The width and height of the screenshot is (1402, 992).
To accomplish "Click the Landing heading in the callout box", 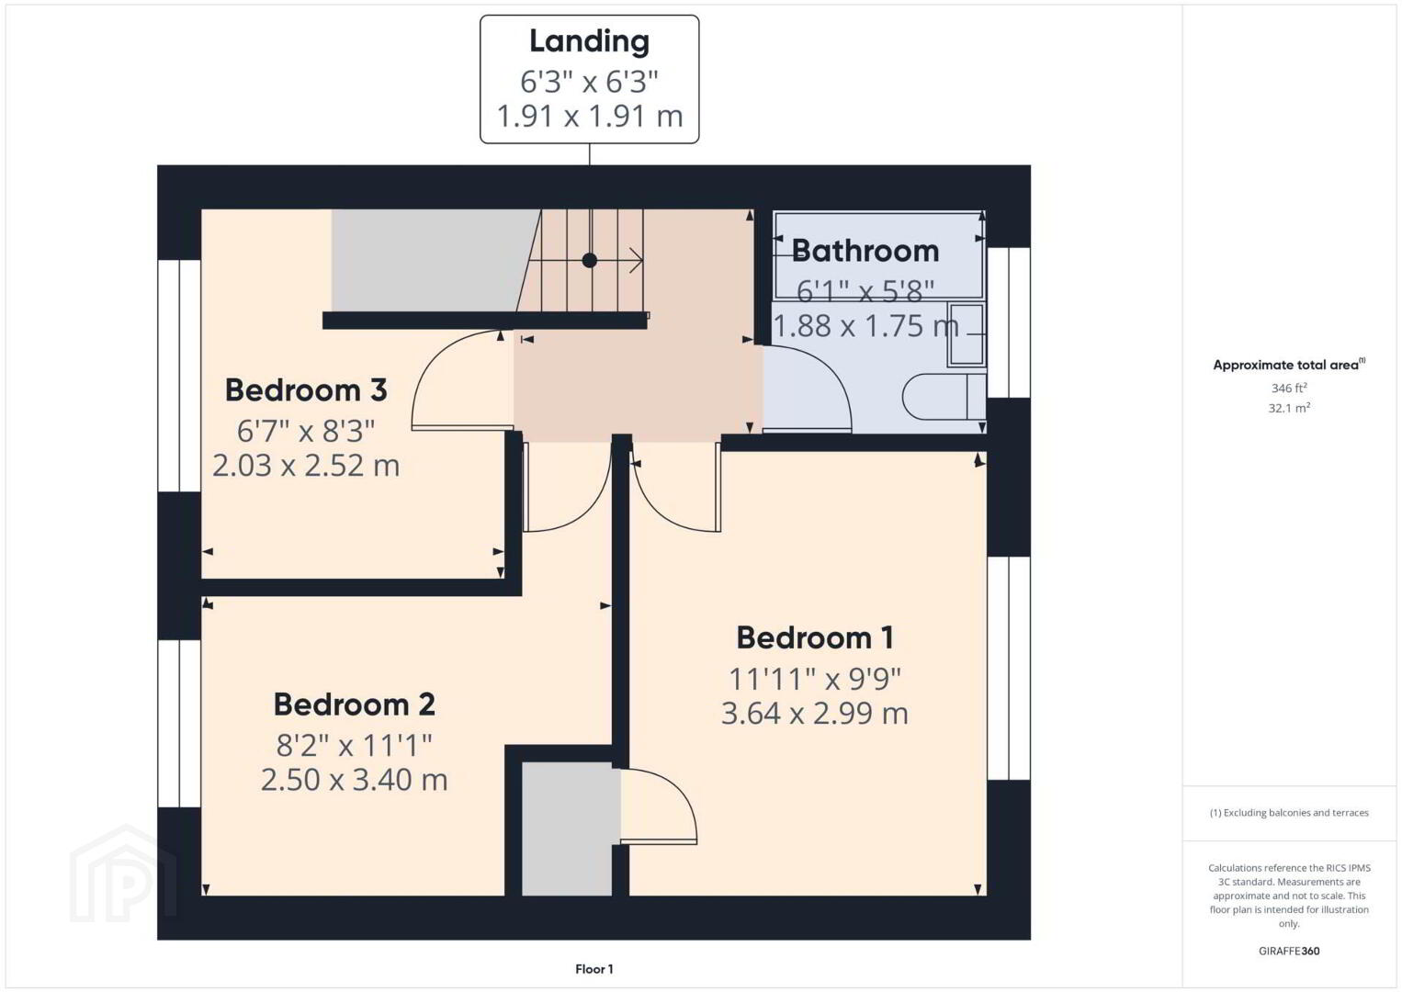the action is [589, 41].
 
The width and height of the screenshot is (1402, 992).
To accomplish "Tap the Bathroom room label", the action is [865, 251].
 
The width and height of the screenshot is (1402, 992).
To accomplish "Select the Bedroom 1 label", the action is [815, 637].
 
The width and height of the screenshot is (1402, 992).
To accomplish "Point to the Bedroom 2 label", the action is [355, 705].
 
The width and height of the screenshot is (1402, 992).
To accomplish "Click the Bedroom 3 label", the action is [306, 390].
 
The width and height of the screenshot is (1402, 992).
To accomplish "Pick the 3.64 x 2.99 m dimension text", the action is [814, 714].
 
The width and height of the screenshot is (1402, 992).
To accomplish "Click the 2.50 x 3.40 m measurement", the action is [355, 780].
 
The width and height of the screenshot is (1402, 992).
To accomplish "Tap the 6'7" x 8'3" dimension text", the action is [305, 431].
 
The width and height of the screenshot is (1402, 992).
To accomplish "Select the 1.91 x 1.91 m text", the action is [590, 117].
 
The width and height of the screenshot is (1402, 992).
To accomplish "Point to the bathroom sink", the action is [967, 334].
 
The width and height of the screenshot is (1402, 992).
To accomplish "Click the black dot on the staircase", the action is [589, 260].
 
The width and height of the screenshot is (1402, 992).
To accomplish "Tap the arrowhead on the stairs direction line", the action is [638, 260].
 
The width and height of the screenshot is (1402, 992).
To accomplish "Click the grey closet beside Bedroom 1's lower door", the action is [567, 829].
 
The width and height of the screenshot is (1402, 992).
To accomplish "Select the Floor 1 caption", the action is [594, 969].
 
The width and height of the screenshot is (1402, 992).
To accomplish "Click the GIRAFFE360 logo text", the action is [1289, 951].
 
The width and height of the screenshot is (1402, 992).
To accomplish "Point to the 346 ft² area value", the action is [1289, 388].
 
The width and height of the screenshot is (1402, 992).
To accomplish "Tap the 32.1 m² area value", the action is [1289, 408].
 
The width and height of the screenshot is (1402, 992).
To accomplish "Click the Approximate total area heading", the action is [1289, 365].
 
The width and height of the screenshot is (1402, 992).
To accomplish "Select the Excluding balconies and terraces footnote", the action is [1289, 812].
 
